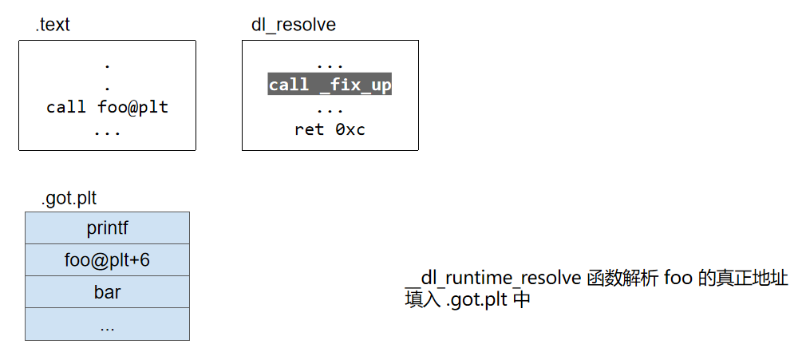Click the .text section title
(53, 25)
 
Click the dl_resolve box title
(294, 25)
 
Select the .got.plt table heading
(69, 198)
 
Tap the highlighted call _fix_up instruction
(330, 85)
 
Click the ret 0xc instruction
(330, 129)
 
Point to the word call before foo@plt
(66, 107)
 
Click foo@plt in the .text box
(132, 107)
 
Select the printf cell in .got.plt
(107, 228)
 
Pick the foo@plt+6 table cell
(107, 260)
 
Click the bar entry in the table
(107, 292)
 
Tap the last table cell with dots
(107, 325)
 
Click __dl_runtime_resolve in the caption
(493, 279)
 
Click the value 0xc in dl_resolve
(350, 129)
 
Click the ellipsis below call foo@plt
(107, 129)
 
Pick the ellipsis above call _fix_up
(330, 64)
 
